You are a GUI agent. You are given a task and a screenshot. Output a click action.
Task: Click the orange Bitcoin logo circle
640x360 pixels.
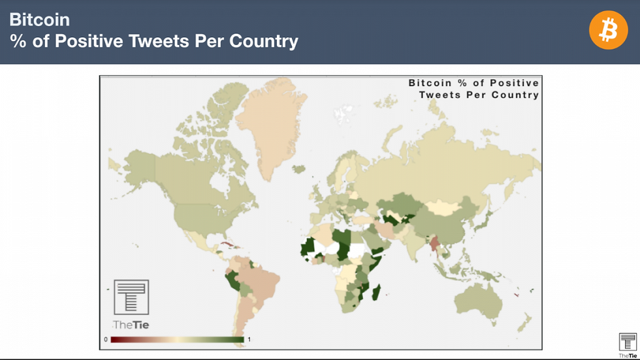[608, 30]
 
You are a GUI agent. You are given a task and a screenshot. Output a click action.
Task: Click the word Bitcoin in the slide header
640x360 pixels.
[39, 20]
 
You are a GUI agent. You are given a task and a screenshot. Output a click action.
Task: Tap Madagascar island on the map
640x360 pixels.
[377, 288]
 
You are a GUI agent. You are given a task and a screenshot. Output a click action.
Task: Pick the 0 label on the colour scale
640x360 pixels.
[106, 340]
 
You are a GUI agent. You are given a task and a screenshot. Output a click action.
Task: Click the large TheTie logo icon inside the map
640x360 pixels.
[131, 298]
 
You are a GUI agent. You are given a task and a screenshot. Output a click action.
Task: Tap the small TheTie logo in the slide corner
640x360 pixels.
[628, 343]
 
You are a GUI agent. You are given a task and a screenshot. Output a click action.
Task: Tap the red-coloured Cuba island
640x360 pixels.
[227, 246]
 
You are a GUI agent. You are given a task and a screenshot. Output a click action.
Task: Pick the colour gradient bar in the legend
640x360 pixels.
[176, 340]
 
